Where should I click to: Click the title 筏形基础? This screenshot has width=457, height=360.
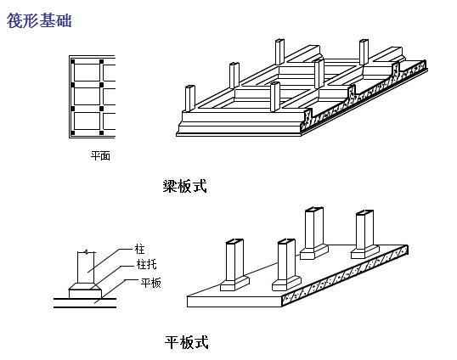pyautogui.click(x=39, y=20)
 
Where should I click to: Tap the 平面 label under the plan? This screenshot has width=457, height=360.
pyautogui.click(x=100, y=156)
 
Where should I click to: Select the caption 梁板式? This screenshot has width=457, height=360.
pyautogui.click(x=185, y=186)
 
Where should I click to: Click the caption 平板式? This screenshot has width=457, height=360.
pyautogui.click(x=187, y=342)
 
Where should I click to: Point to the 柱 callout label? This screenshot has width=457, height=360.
pyautogui.click(x=139, y=249)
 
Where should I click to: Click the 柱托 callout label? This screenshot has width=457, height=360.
pyautogui.click(x=147, y=264)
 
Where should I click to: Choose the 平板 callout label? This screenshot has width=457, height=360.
pyautogui.click(x=150, y=283)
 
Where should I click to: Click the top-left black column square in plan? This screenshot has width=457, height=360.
pyautogui.click(x=73, y=62)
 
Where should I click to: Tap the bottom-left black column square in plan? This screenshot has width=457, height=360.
pyautogui.click(x=73, y=133)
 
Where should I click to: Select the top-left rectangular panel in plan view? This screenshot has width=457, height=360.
pyautogui.click(x=87, y=73)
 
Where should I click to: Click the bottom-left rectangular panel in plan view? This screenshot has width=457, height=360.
pyautogui.click(x=87, y=121)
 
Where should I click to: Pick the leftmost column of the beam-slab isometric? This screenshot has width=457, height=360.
pyautogui.click(x=190, y=98)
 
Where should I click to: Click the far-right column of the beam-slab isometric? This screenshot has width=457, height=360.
pyautogui.click(x=364, y=52)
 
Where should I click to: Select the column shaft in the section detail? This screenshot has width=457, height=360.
pyautogui.click(x=86, y=267)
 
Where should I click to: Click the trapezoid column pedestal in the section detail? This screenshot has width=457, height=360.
pyautogui.click(x=86, y=287)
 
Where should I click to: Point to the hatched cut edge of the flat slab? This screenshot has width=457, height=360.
pyautogui.click(x=345, y=276)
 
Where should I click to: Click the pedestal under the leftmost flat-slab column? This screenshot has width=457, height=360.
pyautogui.click(x=234, y=284)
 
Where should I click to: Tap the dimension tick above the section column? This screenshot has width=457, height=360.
pyautogui.click(x=86, y=251)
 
